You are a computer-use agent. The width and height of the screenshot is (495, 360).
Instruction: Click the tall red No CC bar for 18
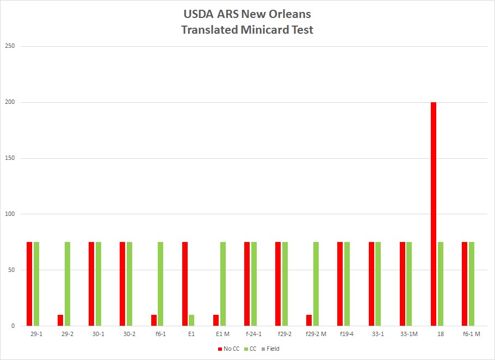[434, 214]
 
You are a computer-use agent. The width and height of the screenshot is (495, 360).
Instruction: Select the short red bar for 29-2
[60, 320]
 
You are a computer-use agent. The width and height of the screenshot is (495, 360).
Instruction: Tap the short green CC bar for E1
[191, 320]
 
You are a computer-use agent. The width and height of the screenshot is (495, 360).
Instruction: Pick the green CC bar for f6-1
[160, 284]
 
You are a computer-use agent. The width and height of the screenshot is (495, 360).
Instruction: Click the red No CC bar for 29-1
[29, 284]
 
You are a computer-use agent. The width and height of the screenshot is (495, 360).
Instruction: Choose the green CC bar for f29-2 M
[316, 284]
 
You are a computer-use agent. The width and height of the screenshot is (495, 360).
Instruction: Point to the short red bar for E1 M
[216, 320]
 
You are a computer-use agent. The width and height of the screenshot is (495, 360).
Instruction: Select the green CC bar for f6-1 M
[472, 284]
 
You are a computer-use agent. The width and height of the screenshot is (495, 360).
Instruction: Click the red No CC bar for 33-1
[371, 284]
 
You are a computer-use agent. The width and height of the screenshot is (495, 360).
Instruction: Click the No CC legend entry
[229, 349]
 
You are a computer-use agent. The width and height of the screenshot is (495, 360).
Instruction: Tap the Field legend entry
[270, 349]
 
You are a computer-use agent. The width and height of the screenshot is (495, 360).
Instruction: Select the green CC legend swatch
[246, 349]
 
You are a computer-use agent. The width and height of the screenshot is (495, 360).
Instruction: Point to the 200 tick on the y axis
[10, 102]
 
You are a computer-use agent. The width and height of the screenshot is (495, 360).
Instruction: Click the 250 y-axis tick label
[10, 46]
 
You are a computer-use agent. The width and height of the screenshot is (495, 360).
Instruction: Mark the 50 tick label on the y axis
[11, 270]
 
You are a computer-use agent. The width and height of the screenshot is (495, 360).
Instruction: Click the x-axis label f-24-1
[253, 334]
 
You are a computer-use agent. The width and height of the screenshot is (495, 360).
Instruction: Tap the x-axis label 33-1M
[409, 334]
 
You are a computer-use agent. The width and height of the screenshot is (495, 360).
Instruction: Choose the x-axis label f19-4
[346, 334]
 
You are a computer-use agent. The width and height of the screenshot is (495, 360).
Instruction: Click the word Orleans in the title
[289, 14]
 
